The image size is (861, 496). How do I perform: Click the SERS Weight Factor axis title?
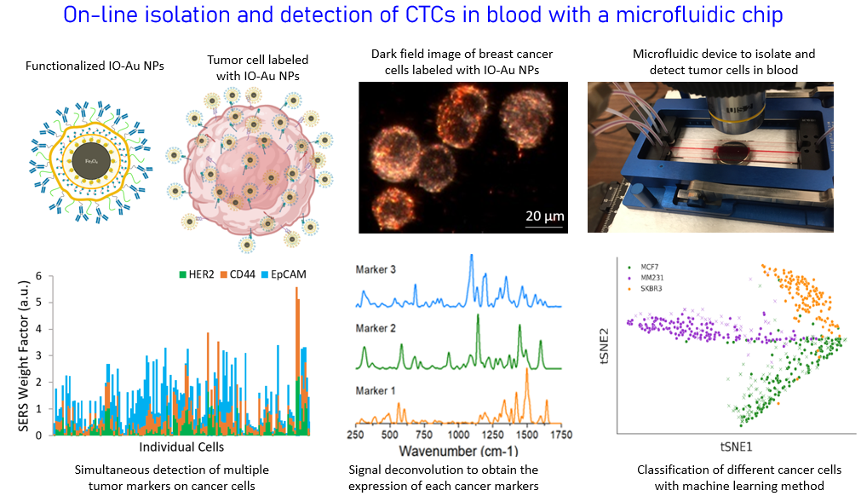pos(23,354)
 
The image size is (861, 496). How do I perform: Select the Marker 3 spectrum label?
pos(378,270)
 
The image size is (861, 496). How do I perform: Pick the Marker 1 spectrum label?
pos(378,391)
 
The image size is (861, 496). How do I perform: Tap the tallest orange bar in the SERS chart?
pos(296,358)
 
